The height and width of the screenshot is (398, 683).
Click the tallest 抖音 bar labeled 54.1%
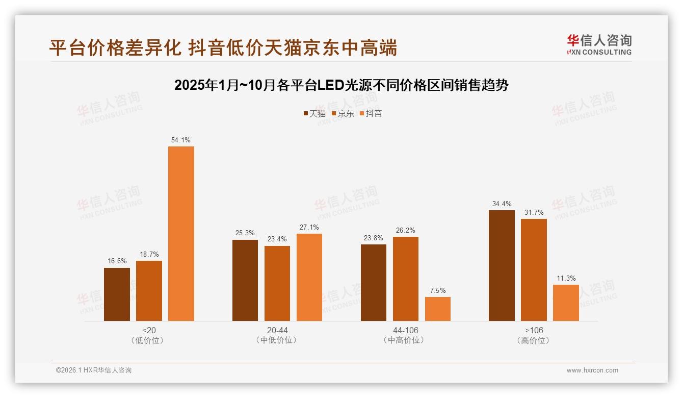pyautogui.click(x=181, y=234)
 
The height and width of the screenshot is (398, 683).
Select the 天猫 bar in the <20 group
pyautogui.click(x=117, y=294)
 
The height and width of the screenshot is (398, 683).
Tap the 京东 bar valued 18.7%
pyautogui.click(x=149, y=291)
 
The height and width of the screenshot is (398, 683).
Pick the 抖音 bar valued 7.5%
pyautogui.click(x=438, y=309)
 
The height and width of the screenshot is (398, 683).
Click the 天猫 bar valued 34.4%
pyautogui.click(x=502, y=265)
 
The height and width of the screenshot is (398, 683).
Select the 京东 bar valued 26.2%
pyautogui.click(x=406, y=279)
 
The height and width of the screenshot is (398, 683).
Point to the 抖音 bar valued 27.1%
pyautogui.click(x=309, y=277)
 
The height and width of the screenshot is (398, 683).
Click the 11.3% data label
pyautogui.click(x=566, y=279)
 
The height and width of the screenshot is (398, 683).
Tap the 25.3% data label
pyautogui.click(x=245, y=233)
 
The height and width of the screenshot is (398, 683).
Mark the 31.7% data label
pyautogui.click(x=534, y=212)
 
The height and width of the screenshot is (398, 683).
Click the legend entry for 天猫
pyautogui.click(x=314, y=114)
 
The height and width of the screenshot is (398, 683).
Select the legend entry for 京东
pyautogui.click(x=343, y=114)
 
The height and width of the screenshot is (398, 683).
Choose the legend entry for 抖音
pyautogui.click(x=371, y=114)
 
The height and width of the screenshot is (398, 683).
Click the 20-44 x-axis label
pyautogui.click(x=277, y=330)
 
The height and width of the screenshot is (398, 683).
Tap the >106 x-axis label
pyautogui.click(x=534, y=330)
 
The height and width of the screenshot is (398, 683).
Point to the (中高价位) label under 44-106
pyautogui.click(x=405, y=340)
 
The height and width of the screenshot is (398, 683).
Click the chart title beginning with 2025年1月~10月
pyautogui.click(x=341, y=85)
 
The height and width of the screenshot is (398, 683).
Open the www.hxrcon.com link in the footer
pyautogui.click(x=592, y=370)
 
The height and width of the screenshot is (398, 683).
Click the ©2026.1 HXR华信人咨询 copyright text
pyautogui.click(x=94, y=370)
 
